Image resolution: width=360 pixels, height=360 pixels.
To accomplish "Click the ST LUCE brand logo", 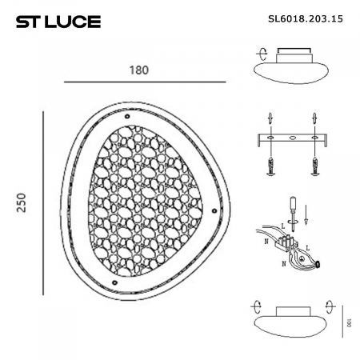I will tap(58, 21).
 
